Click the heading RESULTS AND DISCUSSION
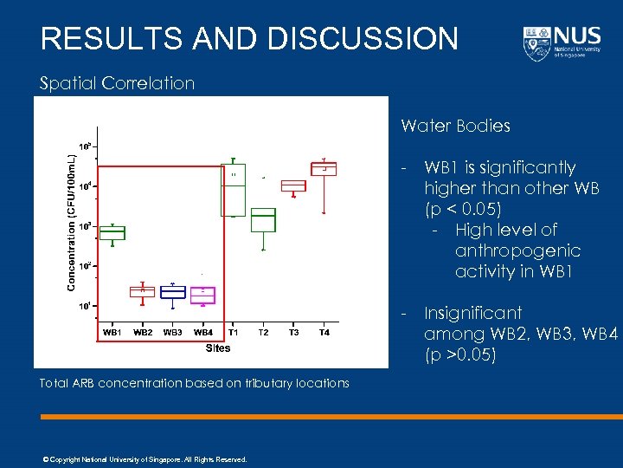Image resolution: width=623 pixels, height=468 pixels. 249,39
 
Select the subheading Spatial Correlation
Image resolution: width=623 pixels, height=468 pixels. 118,83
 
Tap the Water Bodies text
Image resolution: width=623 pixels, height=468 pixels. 455,126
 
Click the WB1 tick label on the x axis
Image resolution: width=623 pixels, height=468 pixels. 112,332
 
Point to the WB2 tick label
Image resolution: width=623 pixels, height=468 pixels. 143,332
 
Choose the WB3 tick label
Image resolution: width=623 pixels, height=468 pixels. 173,332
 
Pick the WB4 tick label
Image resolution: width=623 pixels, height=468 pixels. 203,332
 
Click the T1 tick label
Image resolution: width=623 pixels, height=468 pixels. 234,332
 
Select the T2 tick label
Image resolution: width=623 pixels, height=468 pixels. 263,332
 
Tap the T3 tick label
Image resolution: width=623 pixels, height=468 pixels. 293,332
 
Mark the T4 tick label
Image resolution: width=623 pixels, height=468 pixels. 324,332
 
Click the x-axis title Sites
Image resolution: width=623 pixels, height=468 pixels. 218,348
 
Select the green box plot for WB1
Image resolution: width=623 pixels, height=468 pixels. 112,232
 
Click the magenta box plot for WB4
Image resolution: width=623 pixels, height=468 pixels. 202,294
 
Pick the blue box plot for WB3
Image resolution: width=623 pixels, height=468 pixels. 173,292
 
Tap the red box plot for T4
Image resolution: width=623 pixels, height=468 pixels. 324,169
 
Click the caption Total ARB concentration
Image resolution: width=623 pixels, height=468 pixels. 195,383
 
